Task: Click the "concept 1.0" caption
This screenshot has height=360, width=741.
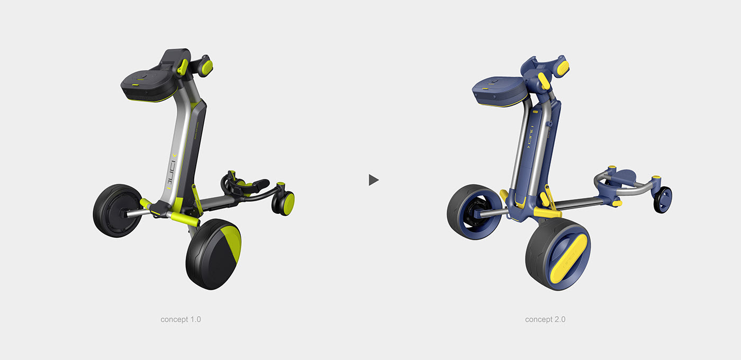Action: [180, 319]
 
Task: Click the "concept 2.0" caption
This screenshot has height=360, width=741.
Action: [545, 319]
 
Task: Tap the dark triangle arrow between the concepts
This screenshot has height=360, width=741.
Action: [373, 180]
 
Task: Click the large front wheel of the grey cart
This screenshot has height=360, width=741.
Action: [213, 254]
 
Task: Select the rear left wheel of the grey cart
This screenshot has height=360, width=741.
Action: [117, 210]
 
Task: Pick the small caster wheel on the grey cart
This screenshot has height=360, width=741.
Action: [284, 203]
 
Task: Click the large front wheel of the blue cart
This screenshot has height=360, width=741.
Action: [558, 256]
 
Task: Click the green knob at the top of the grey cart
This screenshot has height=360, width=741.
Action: [205, 67]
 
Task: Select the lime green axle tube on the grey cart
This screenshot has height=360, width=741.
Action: [183, 218]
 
